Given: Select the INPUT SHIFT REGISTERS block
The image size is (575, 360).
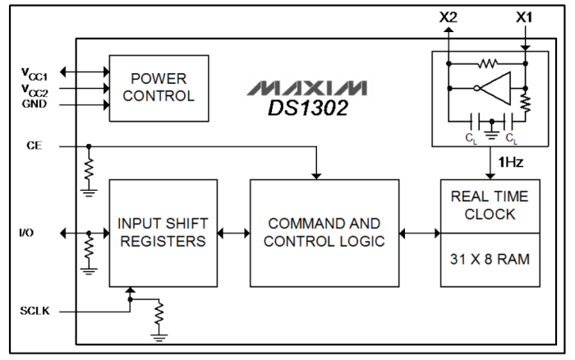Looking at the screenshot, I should (x=163, y=232).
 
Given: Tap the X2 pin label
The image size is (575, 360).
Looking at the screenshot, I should (x=448, y=17).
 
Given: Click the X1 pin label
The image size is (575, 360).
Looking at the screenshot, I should (x=525, y=17).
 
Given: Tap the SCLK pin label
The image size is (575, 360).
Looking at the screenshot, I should (x=34, y=313).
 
